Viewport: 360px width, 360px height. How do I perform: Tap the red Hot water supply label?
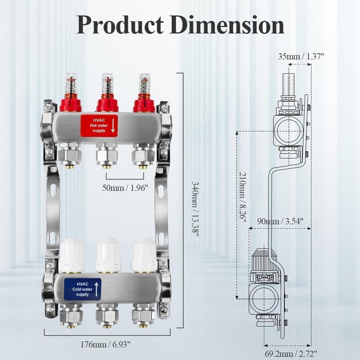pos(99,125)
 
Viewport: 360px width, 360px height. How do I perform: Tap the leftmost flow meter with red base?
pos(70,94)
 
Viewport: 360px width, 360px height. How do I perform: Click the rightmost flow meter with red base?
pos(144,94)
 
